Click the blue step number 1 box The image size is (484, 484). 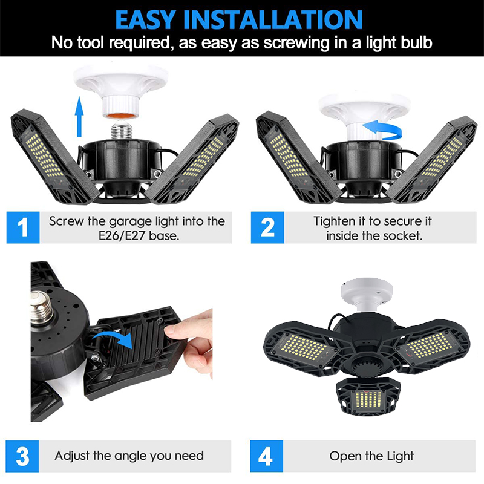[23, 227]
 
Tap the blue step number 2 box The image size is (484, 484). [267, 227]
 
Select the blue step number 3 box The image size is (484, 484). [22, 456]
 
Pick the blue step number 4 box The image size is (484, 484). [266, 456]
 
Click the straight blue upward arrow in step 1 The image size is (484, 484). [79, 116]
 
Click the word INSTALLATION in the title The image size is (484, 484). [273, 20]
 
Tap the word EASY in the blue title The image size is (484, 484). [146, 20]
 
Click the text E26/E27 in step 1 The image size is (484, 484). [122, 236]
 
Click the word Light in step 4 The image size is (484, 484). [399, 456]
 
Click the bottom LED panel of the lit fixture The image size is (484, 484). [368, 397]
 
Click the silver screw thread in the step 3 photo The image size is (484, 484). [42, 308]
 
